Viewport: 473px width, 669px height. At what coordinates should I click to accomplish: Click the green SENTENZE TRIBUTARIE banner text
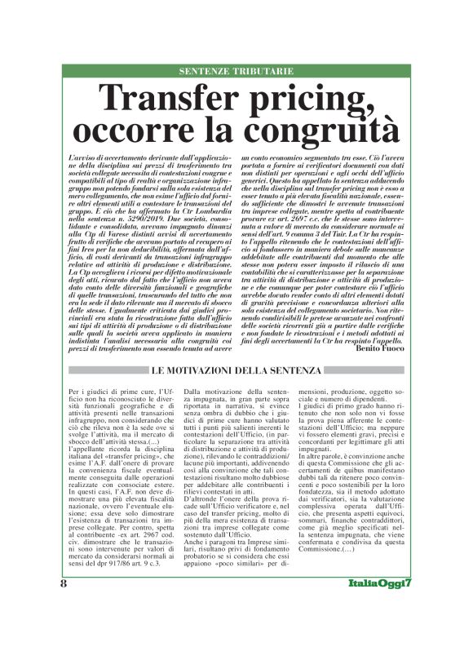click(236, 71)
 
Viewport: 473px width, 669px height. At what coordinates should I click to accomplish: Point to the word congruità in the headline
click(319, 130)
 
